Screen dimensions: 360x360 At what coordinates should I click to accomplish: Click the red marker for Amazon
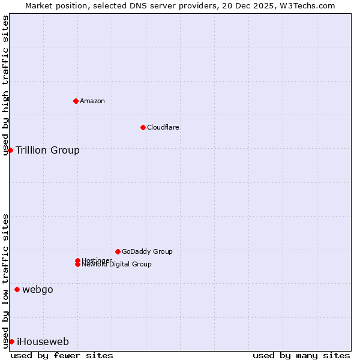tap(76, 101)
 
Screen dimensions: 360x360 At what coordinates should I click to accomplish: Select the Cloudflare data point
tap(143, 127)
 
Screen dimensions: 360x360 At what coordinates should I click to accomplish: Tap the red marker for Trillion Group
tap(10, 150)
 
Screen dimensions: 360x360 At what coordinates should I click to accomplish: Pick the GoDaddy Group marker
tap(118, 251)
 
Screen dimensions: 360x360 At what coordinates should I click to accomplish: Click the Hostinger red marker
tap(77, 260)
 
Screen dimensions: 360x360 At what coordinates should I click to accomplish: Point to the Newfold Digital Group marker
tap(77, 265)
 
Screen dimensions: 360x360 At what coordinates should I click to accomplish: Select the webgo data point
tap(17, 290)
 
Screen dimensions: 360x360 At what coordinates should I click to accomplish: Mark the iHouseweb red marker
tap(11, 341)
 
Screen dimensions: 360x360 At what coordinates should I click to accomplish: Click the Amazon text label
tap(92, 101)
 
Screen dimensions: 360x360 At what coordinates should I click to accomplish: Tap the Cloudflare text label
tap(163, 127)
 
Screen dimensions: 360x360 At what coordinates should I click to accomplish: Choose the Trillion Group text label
tap(47, 150)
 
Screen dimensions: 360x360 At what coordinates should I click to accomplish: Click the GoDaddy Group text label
tap(147, 251)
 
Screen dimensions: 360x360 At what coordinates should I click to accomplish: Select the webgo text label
tap(38, 290)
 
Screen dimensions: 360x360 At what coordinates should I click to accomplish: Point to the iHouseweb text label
tap(43, 342)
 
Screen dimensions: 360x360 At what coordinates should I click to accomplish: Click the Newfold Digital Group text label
tap(116, 265)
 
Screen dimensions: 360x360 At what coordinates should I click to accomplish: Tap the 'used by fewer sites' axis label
tap(62, 355)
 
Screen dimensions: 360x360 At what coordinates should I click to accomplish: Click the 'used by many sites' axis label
tap(301, 355)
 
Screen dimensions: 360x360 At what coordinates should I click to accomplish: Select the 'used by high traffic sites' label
tap(5, 85)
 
